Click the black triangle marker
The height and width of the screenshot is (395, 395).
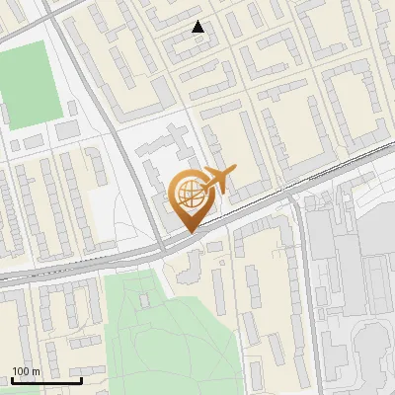click(198, 27)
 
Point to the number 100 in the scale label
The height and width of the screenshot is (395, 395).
click(21, 371)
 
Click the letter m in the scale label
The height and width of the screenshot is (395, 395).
click(38, 371)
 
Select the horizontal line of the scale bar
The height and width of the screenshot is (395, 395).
click(45, 380)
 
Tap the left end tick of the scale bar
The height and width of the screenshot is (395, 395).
click(11, 378)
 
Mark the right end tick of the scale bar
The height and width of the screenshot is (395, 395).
click(81, 378)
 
